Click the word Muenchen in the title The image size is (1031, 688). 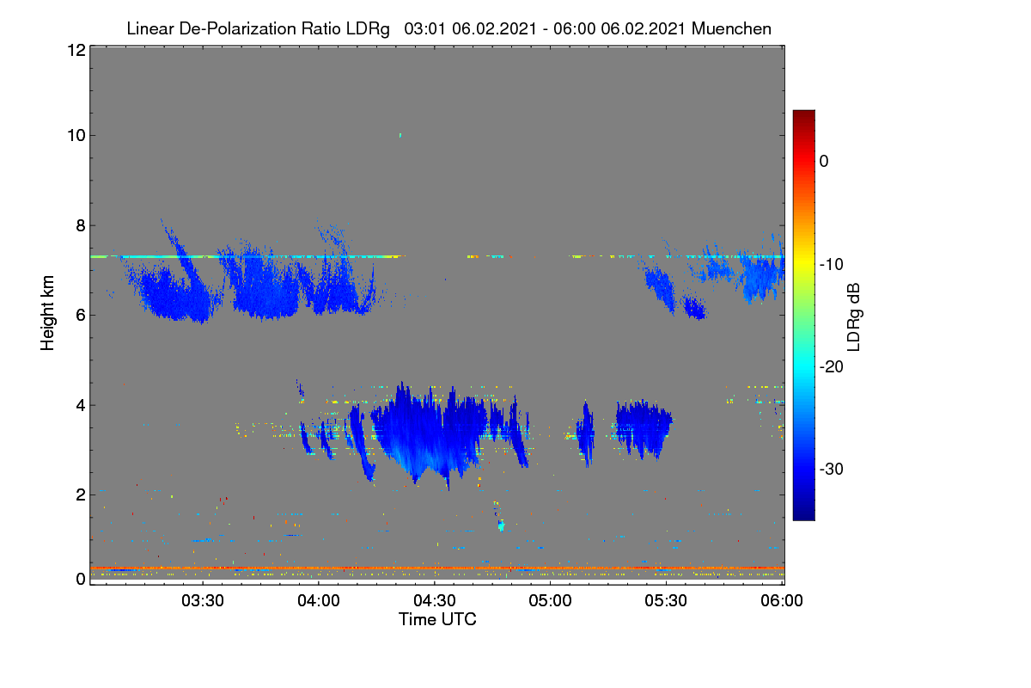click(731, 28)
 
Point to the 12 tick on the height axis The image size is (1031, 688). click(76, 50)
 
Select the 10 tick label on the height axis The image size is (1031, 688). click(76, 135)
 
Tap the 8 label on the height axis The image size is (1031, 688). click(81, 225)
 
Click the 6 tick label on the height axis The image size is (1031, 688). click(81, 315)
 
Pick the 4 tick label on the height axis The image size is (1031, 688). click(81, 405)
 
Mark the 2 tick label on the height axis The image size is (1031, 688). click(81, 494)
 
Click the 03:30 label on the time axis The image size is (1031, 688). click(203, 600)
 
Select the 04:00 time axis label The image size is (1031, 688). click(319, 600)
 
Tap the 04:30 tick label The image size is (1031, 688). click(435, 600)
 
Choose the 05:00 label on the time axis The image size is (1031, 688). click(550, 600)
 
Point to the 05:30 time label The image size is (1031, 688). click(666, 600)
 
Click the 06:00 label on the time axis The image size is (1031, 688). click(782, 600)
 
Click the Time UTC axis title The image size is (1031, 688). click(437, 619)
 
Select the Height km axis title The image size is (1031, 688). click(47, 313)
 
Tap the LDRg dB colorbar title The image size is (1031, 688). click(854, 317)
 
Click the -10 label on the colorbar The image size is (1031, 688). click(832, 265)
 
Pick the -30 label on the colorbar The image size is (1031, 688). click(832, 469)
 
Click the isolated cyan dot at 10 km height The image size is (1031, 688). click(400, 136)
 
